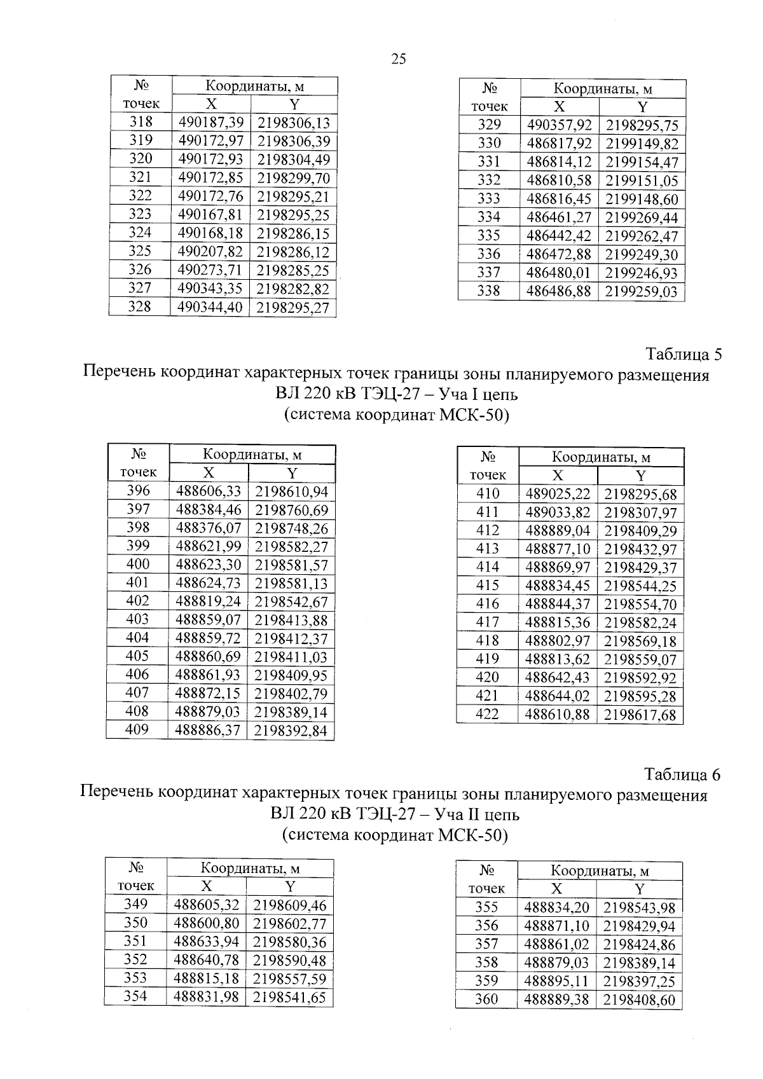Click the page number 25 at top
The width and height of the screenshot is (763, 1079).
pyautogui.click(x=399, y=59)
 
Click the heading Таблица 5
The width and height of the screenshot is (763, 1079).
pyautogui.click(x=684, y=353)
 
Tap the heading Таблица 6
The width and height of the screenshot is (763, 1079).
pyautogui.click(x=682, y=774)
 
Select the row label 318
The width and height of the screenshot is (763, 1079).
pyautogui.click(x=141, y=122)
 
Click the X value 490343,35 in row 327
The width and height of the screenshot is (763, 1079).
pyautogui.click(x=210, y=289)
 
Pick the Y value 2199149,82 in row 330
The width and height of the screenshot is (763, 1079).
pyautogui.click(x=642, y=144)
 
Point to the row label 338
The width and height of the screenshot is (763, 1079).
pyautogui.click(x=488, y=291)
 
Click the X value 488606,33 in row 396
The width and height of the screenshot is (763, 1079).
pyautogui.click(x=208, y=491)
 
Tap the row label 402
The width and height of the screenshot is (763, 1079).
pyautogui.click(x=137, y=601)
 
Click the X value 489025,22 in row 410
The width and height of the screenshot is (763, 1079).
pyautogui.click(x=558, y=494)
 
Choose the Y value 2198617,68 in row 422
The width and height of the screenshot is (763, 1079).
pyautogui.click(x=640, y=715)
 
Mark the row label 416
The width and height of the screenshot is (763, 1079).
pyautogui.click(x=488, y=604)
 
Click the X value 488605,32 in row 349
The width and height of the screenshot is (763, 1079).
pyautogui.click(x=207, y=905)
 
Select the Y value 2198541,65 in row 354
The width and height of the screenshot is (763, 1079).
pyautogui.click(x=289, y=998)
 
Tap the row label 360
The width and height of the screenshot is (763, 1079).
pyautogui.click(x=486, y=1000)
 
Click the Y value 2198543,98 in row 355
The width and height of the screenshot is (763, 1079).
pyautogui.click(x=639, y=908)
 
